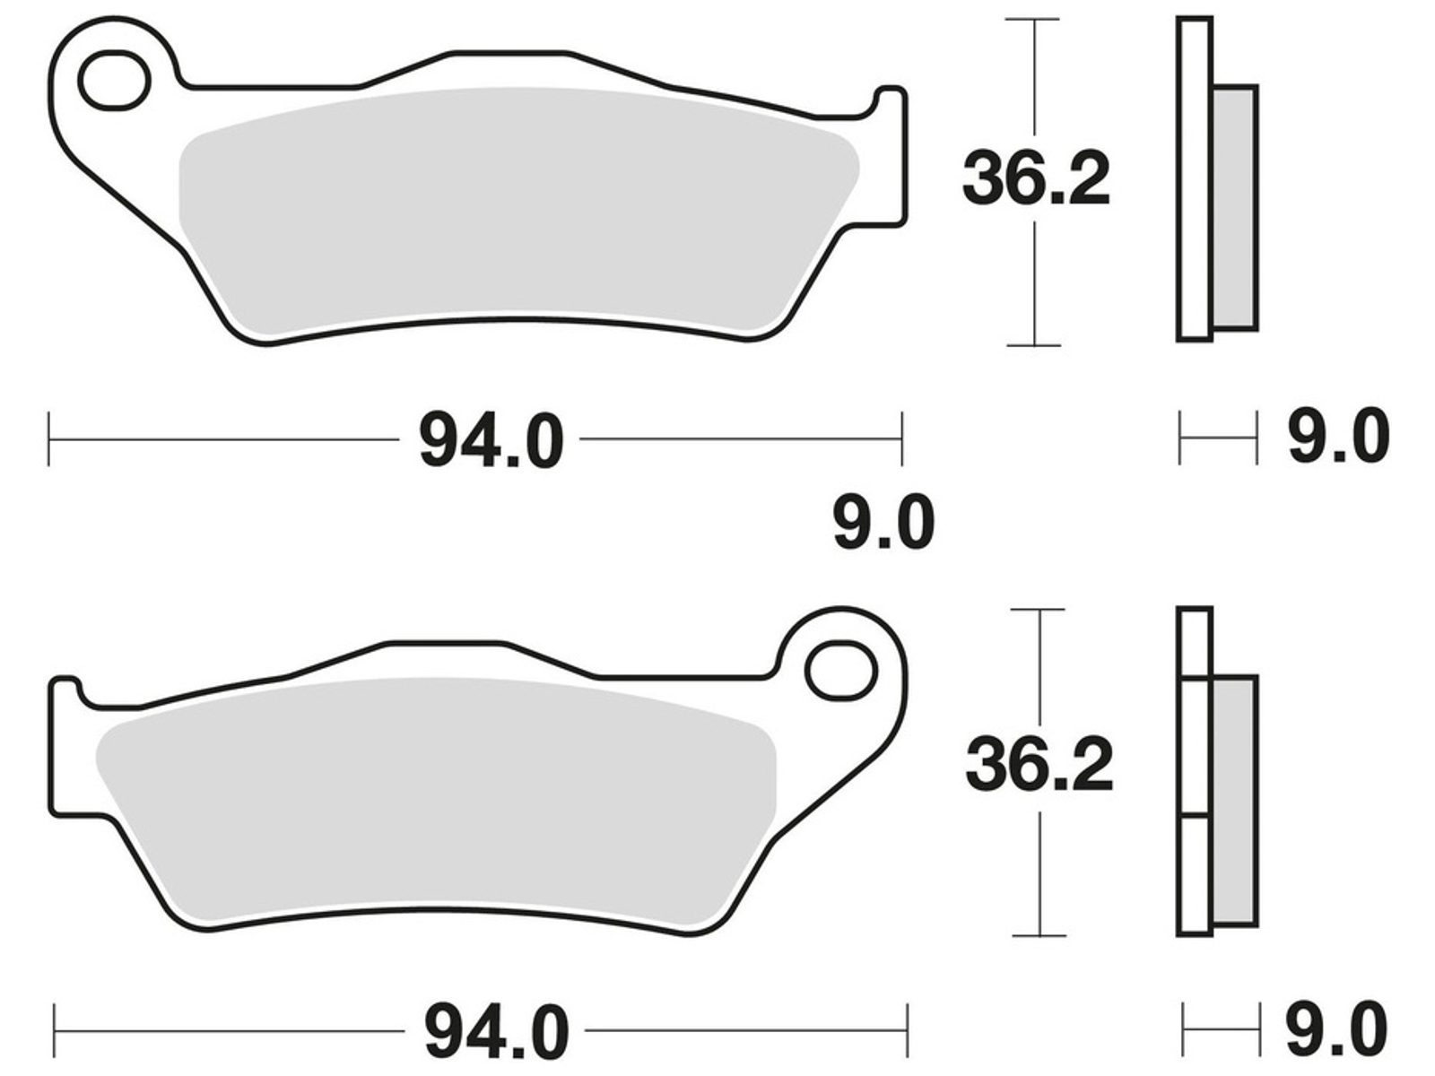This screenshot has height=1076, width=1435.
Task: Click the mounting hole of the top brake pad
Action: (x=115, y=81)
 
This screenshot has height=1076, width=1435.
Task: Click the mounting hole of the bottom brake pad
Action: (x=840, y=671)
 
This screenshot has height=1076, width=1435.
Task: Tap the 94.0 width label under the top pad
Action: (x=491, y=439)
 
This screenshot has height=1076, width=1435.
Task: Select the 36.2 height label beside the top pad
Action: (x=1036, y=178)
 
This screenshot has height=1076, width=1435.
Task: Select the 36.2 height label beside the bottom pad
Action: (x=1039, y=764)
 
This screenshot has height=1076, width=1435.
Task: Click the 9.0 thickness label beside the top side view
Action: (x=1338, y=437)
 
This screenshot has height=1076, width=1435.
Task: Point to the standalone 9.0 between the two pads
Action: (x=884, y=522)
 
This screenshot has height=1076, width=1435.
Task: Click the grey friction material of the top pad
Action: (x=517, y=209)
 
